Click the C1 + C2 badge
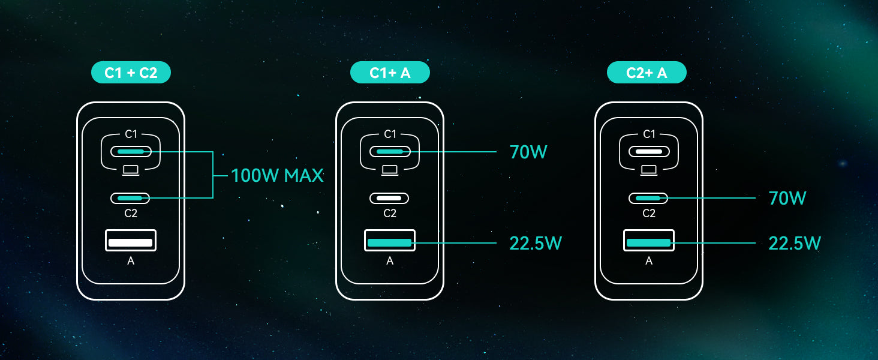[131, 73]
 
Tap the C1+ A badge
[390, 73]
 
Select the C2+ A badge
[647, 73]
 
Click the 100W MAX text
[277, 175]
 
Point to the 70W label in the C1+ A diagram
[528, 152]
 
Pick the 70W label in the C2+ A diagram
[787, 198]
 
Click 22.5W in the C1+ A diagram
[536, 243]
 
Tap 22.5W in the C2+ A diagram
[795, 243]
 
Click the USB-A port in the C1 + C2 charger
[131, 241]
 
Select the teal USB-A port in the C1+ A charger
[390, 241]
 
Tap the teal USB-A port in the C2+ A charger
[649, 241]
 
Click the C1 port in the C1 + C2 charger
[131, 151]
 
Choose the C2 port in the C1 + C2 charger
[130, 198]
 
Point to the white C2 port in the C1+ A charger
[389, 198]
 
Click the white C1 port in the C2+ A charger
[649, 151]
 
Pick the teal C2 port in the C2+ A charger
[648, 198]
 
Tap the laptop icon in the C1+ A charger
[390, 170]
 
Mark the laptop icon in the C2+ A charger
[649, 170]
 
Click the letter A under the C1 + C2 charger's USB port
[131, 261]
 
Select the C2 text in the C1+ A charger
[390, 214]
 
